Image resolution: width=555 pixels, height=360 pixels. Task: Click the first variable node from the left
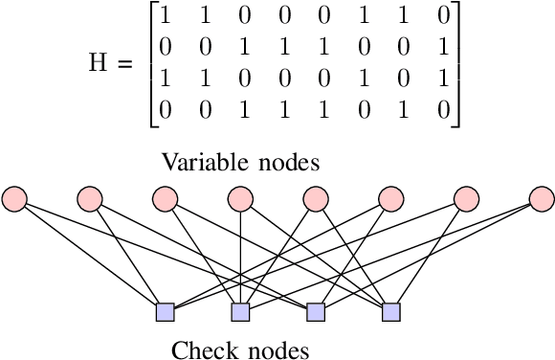[x=14, y=199]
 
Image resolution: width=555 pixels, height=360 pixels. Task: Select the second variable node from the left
[x=89, y=199]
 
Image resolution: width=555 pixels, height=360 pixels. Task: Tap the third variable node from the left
[x=165, y=199]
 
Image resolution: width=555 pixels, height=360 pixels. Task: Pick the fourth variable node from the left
[x=239, y=199]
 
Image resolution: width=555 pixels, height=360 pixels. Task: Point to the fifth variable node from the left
[x=315, y=199]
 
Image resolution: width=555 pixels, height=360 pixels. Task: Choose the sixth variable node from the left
[x=390, y=199]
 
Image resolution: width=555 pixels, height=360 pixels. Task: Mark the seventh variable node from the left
[x=466, y=199]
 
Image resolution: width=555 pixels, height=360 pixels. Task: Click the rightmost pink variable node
[x=541, y=199]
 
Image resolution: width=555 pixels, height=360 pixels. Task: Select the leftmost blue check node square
[x=165, y=312]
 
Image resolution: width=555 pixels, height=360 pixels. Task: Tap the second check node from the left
[x=240, y=312]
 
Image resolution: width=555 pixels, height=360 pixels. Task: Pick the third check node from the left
[x=315, y=312]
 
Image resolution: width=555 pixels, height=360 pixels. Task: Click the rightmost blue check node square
[x=390, y=312]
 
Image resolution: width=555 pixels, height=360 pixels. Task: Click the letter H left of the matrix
[x=99, y=63]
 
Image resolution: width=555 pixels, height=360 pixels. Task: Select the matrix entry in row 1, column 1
[x=166, y=16]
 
